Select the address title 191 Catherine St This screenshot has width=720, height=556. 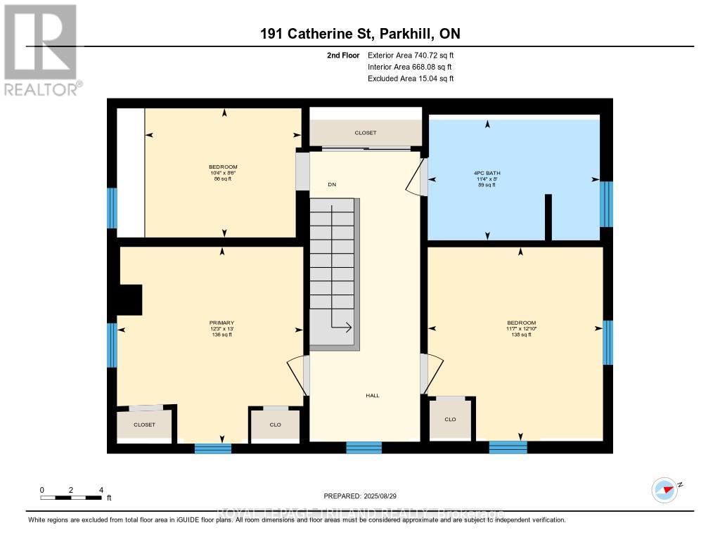[359, 34]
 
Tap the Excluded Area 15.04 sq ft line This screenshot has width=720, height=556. [411, 79]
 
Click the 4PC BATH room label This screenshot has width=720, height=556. [487, 173]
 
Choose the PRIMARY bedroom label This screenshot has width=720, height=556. [222, 323]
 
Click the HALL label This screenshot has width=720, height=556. [373, 396]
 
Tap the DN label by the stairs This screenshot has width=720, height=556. [332, 185]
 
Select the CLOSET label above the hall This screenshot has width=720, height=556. [366, 133]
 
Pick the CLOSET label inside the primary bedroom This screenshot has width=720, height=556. [144, 425]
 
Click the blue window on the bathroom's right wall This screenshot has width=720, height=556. [606, 204]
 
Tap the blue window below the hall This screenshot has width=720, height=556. [364, 448]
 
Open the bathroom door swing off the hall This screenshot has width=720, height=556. [416, 178]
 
